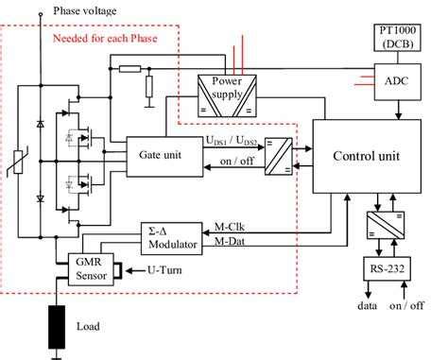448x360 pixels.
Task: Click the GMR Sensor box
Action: [x=83, y=269]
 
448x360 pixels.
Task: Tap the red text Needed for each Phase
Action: [x=116, y=40]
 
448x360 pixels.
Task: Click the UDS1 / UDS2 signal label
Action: [x=234, y=139]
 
